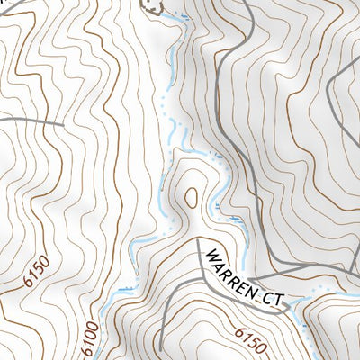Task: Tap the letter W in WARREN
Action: (x=210, y=255)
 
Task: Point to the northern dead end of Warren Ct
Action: (x=197, y=241)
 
